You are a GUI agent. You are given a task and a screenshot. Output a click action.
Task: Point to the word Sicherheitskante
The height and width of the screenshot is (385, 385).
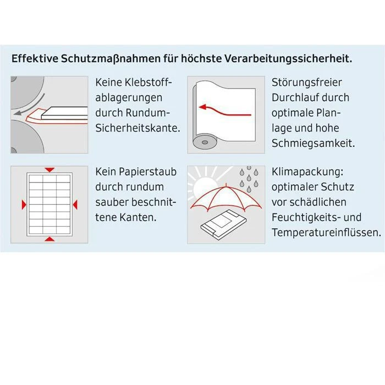(x=137, y=128)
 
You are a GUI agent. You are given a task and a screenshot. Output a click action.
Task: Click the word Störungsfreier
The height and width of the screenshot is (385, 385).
(x=307, y=82)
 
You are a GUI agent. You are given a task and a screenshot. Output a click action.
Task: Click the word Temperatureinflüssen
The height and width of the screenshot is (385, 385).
(x=326, y=233)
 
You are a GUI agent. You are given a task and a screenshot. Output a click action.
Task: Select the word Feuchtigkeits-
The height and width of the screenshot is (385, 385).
(x=309, y=217)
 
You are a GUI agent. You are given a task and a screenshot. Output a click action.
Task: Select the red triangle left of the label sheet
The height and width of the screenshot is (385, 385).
(x=23, y=205)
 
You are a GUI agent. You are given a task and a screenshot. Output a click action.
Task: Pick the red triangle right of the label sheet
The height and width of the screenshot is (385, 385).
(x=76, y=205)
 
